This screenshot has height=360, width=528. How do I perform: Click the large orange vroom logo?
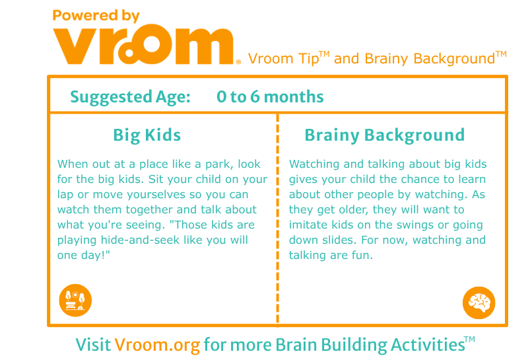point(143,44)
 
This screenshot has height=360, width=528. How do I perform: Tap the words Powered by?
point(96,16)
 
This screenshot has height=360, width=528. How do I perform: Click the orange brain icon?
point(478,303)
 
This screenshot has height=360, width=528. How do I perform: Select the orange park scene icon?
point(75,301)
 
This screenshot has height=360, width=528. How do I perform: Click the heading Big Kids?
point(147,135)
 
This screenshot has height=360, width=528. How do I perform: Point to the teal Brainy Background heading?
point(385,135)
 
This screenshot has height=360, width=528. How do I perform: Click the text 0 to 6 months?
point(270,96)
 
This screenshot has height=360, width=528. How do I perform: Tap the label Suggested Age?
point(130,97)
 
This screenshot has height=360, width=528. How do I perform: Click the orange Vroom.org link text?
point(157,345)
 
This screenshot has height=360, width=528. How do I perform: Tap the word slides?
point(339,240)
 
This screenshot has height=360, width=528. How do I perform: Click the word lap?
point(65,195)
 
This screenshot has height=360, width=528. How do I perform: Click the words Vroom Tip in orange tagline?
point(284,59)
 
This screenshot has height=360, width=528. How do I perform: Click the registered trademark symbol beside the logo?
point(238,61)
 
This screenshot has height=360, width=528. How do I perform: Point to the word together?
point(150,210)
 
